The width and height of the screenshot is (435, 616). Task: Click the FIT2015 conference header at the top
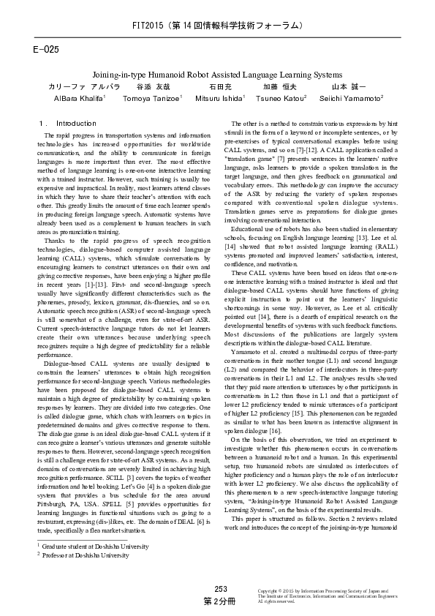click(x=217, y=26)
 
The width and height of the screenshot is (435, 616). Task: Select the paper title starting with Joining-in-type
click(x=216, y=75)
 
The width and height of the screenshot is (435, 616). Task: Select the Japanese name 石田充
click(x=220, y=86)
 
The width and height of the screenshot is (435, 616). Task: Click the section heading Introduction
click(x=76, y=124)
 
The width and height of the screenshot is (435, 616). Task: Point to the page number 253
click(x=221, y=588)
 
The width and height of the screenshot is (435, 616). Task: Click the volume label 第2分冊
click(x=220, y=600)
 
